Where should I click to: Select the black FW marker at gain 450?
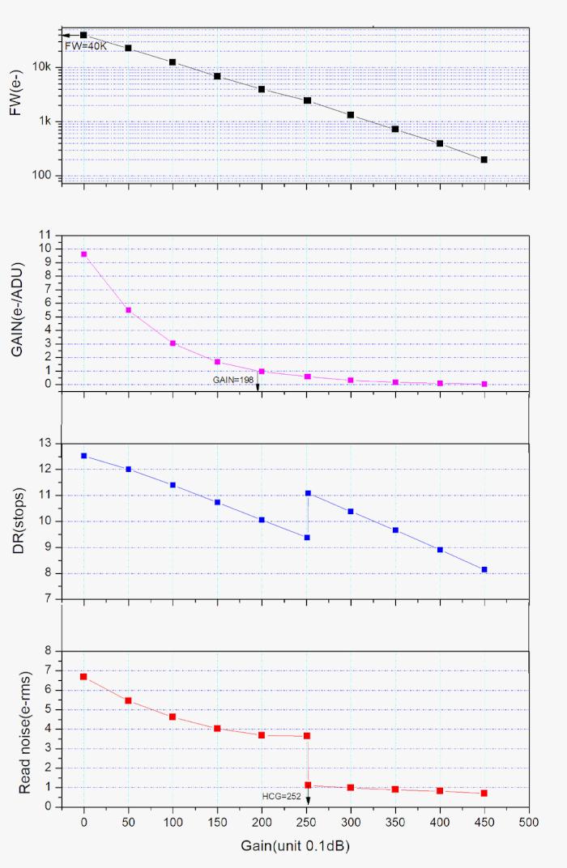484,160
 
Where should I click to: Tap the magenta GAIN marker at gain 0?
83,254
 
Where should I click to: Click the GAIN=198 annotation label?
232,379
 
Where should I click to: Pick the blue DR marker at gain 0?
83,456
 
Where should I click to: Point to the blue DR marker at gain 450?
484,570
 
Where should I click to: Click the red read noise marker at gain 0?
83,676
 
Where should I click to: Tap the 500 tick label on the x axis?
529,823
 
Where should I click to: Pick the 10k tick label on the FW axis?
41,67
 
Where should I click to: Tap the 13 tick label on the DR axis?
45,444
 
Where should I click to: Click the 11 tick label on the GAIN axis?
45,235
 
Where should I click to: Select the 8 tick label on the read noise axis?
48,650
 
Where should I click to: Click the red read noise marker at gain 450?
484,793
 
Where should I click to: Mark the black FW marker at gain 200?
262,89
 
